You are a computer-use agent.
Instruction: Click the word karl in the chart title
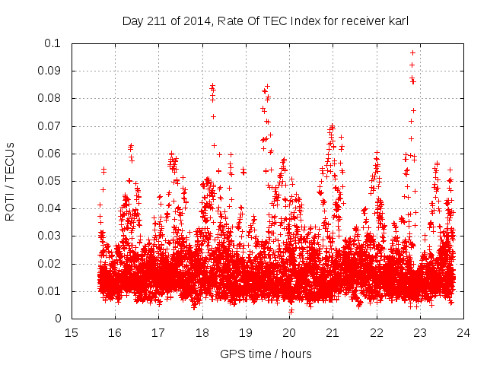tap(398, 21)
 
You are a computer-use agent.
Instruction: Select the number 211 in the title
tap(158, 21)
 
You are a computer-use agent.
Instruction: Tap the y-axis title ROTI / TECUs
tap(11, 181)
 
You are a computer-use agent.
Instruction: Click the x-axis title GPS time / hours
tap(266, 354)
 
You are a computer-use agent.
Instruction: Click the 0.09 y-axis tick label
tap(49, 71)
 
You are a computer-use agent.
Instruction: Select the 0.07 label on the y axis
tap(49, 126)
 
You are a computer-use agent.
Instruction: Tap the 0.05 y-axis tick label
tap(49, 181)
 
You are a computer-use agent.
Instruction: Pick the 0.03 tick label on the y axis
tap(49, 236)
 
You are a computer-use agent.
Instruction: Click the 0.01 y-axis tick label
tap(49, 291)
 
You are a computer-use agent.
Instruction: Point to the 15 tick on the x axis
tap(72, 332)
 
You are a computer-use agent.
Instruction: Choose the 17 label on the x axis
tap(158, 332)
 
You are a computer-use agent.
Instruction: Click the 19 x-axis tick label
tap(246, 332)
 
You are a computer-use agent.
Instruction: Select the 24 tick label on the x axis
tap(463, 332)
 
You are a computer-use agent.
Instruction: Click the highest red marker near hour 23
tap(412, 52)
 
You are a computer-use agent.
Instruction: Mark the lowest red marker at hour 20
tap(291, 311)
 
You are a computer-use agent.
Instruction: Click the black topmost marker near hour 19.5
tap(267, 86)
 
